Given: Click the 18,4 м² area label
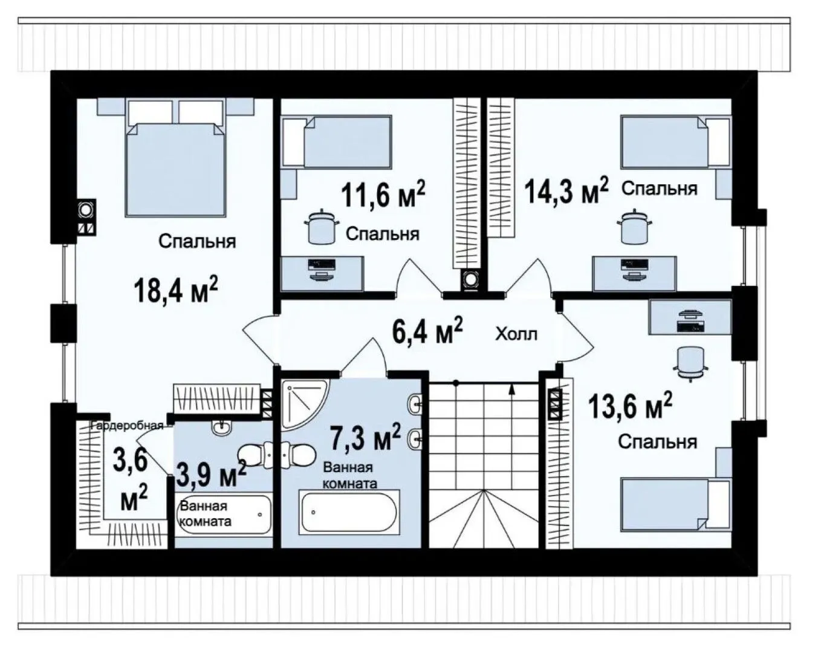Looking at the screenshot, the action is [176, 290].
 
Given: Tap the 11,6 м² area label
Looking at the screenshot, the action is [383, 194].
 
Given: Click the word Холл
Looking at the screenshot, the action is [516, 334].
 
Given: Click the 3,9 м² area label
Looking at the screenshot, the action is [212, 473].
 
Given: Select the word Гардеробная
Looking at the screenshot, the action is [127, 426].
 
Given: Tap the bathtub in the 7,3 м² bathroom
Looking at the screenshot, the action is [349, 512].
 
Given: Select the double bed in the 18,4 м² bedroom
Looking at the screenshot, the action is [176, 158].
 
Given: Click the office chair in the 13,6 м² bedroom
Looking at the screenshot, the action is [691, 364].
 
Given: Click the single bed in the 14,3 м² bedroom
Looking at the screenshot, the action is [675, 142].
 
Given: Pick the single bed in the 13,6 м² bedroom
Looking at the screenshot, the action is [675, 505].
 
